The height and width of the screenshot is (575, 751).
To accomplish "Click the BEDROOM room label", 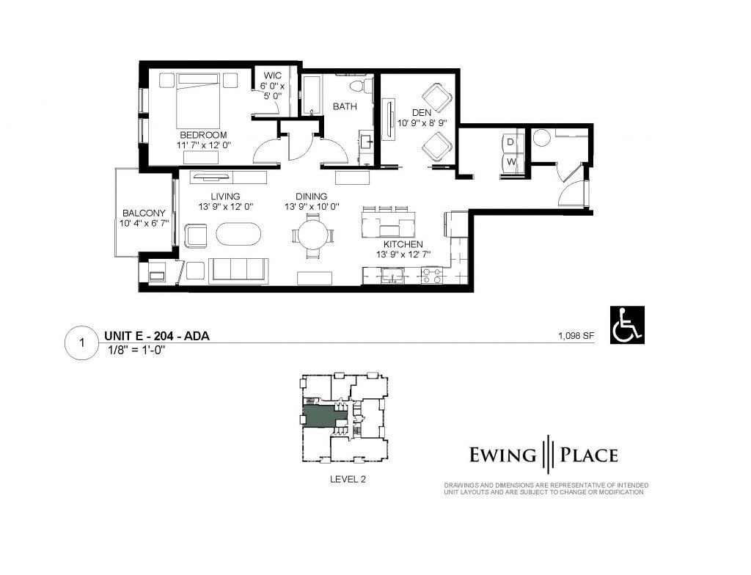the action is pos(203,135).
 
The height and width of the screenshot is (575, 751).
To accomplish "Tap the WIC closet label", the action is pos(273,76).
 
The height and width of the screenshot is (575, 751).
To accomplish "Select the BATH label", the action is pos(345,106).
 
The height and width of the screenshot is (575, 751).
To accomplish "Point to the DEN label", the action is pos(422,113).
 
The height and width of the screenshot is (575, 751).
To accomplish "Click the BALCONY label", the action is pos(144,213).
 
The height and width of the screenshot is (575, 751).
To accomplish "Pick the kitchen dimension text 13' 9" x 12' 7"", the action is pos(403,255).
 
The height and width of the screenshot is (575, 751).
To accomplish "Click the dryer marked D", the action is pos(512,142).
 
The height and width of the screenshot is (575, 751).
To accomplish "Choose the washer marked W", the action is pos(512,162).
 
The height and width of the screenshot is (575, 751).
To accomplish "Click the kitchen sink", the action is pos(393,276).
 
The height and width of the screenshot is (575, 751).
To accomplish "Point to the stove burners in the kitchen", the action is pos(431,276).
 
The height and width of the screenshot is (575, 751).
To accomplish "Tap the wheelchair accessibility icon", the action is pos(627,325).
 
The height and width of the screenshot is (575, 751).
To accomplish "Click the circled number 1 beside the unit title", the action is pos(82,343).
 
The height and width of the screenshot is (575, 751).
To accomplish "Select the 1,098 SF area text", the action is pos(576,335).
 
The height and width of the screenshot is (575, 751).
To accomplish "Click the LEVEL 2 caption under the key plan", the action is pos(348,479).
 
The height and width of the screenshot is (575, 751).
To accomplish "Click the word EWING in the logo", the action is pos(502,455).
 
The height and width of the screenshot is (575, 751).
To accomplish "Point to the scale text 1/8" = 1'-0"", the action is pos(137,351).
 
